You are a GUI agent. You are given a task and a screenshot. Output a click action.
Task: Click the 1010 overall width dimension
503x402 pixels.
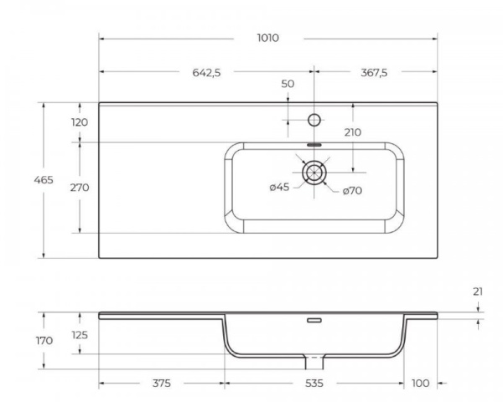(268, 39)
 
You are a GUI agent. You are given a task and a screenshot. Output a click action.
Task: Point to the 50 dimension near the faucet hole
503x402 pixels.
(288, 84)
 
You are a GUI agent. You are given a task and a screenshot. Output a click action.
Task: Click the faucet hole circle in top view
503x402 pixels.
(315, 119)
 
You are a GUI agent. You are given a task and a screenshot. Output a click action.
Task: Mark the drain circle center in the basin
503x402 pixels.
(315, 172)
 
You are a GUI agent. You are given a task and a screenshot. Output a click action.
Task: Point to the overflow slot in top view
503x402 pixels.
(315, 143)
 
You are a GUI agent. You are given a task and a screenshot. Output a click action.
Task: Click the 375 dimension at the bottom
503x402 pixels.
(162, 383)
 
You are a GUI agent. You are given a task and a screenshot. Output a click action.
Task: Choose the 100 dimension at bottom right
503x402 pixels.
(420, 383)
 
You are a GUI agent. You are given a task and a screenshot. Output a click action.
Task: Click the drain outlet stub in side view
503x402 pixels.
(315, 362)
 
